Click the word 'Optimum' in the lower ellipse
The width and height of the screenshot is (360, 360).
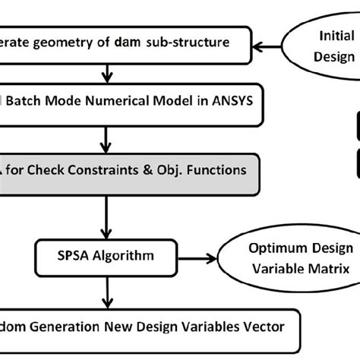coord(270,248)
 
